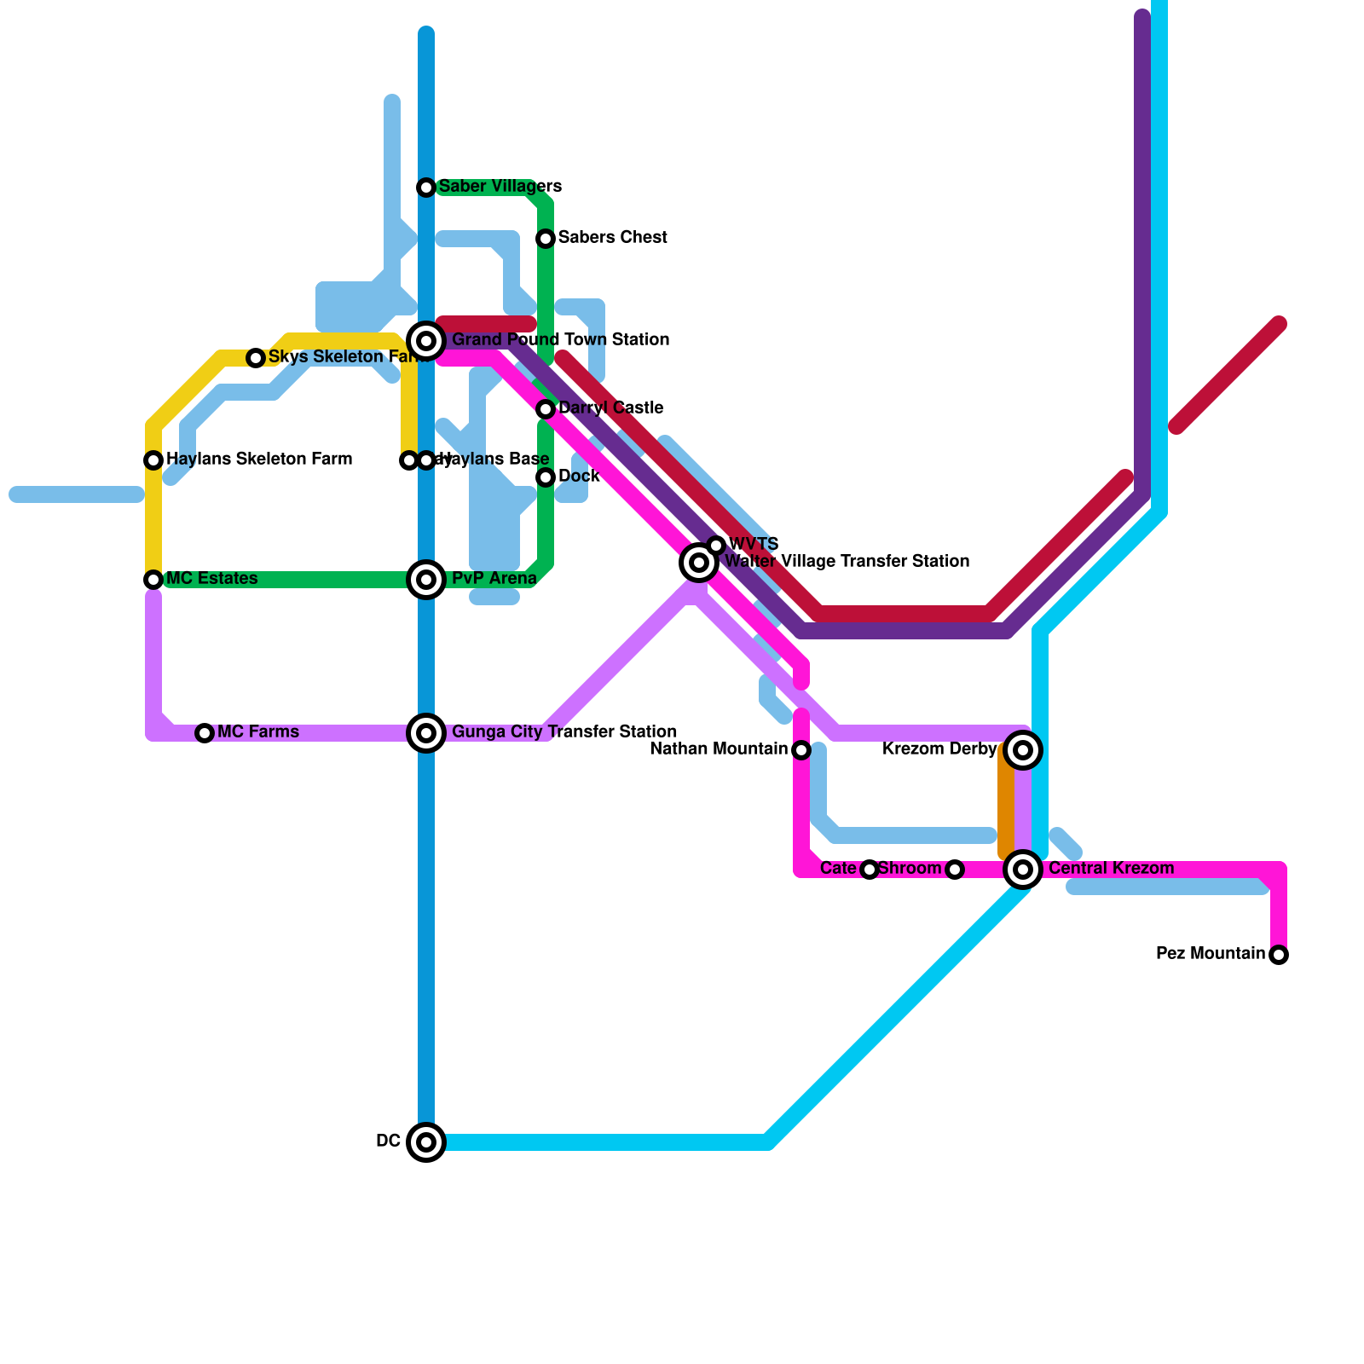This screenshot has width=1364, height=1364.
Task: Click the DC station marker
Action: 426,1142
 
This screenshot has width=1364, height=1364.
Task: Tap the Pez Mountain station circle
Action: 1279,955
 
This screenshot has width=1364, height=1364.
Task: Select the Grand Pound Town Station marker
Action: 426,341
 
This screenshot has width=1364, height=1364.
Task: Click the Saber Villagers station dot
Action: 426,188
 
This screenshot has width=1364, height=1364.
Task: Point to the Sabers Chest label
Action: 612,238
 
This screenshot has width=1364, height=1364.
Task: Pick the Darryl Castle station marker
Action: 546,409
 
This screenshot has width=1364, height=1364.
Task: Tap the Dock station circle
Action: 546,477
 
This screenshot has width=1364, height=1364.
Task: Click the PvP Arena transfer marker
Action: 426,580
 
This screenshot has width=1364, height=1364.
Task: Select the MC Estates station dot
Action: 153,580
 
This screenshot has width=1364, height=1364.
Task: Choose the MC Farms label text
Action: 257,732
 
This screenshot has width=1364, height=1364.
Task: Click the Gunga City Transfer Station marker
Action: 426,733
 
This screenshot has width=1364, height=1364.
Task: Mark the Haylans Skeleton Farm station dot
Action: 153,460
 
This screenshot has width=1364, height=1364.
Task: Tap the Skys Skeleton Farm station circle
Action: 256,358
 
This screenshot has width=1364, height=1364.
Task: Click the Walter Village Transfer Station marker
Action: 699,563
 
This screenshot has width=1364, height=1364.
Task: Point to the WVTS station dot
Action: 716,546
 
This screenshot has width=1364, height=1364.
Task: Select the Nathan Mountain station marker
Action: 801,750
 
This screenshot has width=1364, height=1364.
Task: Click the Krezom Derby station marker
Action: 1023,750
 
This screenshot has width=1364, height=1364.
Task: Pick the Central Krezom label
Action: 1111,869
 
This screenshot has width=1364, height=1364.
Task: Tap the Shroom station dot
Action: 955,870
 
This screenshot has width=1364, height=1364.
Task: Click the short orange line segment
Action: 1006,801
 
